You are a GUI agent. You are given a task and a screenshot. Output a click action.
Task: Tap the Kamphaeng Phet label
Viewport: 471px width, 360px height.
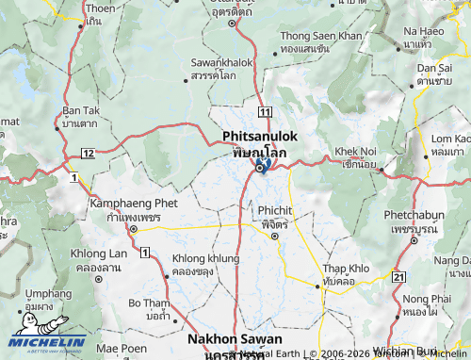click(134, 203)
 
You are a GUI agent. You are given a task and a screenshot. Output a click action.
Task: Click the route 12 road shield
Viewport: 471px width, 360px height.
click(87, 153)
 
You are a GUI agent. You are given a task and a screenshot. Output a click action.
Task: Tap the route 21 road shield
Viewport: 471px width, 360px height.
click(398, 276)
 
